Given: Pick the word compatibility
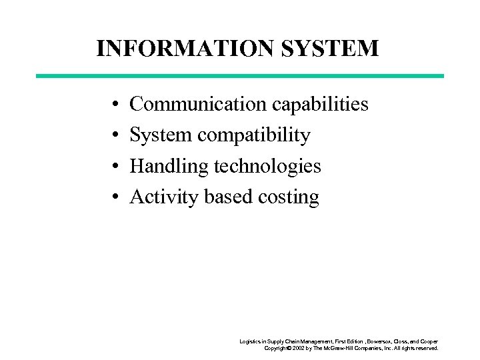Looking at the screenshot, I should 253,136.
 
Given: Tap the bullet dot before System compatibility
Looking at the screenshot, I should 115,136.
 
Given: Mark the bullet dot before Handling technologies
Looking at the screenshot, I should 115,167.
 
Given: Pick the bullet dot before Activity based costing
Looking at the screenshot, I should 115,197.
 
